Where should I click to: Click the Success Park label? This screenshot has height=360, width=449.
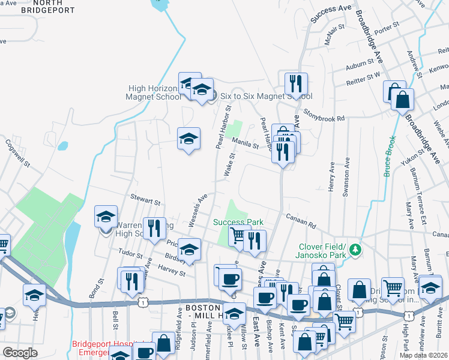click(x=238, y=223)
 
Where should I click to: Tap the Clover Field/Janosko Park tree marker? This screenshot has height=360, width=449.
click(x=355, y=249)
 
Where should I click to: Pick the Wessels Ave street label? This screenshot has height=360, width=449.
click(x=197, y=210)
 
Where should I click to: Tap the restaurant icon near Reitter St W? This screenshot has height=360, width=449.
click(x=296, y=83)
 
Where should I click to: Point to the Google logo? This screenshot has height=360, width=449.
click(x=19, y=352)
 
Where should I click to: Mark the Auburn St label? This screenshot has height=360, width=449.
click(x=359, y=62)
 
